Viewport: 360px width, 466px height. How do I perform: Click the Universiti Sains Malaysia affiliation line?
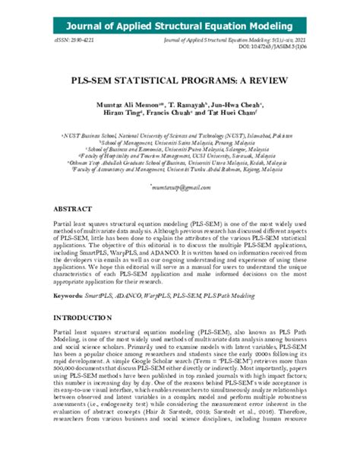tap(180, 140)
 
